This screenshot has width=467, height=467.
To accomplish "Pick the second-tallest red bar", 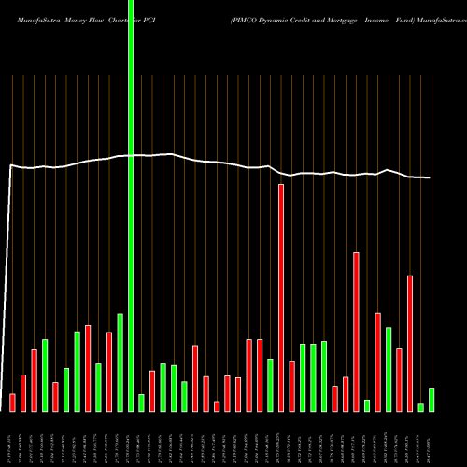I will point(356,332).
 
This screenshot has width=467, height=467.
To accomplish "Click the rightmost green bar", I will point(432,400).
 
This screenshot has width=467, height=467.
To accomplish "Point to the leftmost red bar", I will point(12,403).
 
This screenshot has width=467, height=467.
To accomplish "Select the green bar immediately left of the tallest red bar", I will point(270,385).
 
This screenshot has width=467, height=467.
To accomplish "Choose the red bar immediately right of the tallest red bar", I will point(291,386).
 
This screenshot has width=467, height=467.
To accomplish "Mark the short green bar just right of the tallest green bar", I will point(141,403).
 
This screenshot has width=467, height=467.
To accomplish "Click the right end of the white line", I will point(430,177).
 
